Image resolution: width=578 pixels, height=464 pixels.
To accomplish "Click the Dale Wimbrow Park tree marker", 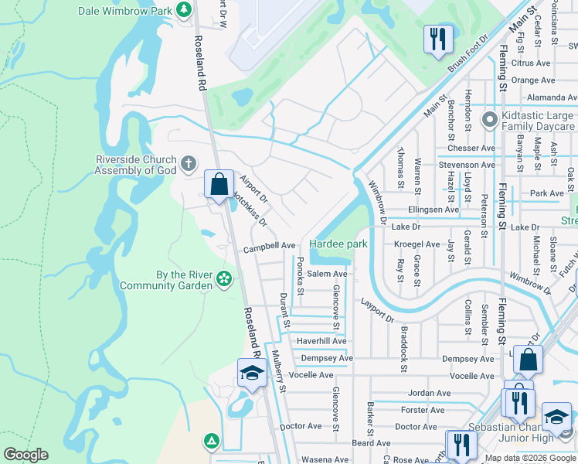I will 184,10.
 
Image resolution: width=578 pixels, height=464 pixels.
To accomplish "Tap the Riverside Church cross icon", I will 189,164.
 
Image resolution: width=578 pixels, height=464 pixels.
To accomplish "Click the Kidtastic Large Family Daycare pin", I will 488,120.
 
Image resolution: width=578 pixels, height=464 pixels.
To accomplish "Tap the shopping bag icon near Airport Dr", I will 219,184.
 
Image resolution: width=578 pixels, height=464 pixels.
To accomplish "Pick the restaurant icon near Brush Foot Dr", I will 437,38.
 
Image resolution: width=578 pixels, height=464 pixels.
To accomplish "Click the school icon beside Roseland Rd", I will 251,374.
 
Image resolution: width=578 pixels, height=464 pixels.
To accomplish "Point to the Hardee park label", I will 338,244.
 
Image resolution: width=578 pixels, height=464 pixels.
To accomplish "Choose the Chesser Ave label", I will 476,148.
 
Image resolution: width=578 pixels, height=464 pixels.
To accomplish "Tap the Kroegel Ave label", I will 416,244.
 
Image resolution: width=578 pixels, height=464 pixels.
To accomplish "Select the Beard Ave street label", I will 371,443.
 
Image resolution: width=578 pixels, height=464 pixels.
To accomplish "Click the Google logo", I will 26,455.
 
